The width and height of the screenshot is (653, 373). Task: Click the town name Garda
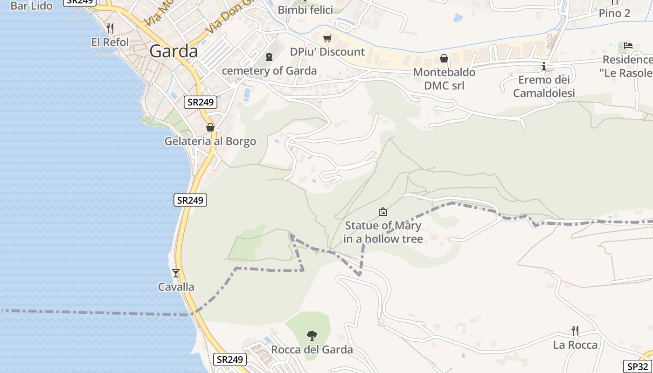click(174, 51)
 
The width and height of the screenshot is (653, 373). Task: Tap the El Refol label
click(110, 42)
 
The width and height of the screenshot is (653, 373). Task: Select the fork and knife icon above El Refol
click(110, 28)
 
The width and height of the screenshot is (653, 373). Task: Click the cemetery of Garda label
click(269, 71)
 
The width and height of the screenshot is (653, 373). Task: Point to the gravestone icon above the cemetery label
click(269, 57)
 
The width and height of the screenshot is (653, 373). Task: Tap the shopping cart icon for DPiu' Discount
click(327, 38)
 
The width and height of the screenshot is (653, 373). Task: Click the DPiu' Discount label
click(327, 52)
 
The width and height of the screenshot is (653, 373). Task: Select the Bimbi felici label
click(305, 10)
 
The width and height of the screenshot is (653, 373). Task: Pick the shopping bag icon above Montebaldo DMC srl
click(444, 58)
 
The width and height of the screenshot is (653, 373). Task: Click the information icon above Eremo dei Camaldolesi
click(544, 67)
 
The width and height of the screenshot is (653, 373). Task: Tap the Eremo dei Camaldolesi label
click(544, 86)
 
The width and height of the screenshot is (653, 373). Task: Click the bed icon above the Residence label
click(628, 46)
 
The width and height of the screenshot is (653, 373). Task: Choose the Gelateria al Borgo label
click(210, 141)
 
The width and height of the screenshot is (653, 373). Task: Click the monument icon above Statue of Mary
click(383, 212)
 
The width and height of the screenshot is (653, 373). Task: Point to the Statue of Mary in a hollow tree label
click(383, 232)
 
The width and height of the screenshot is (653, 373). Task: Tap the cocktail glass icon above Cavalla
click(176, 273)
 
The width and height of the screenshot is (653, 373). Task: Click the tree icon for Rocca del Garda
click(312, 335)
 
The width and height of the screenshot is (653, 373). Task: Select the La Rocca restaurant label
click(575, 345)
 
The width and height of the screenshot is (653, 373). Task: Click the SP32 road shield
click(637, 366)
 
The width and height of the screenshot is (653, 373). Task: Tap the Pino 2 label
click(614, 13)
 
